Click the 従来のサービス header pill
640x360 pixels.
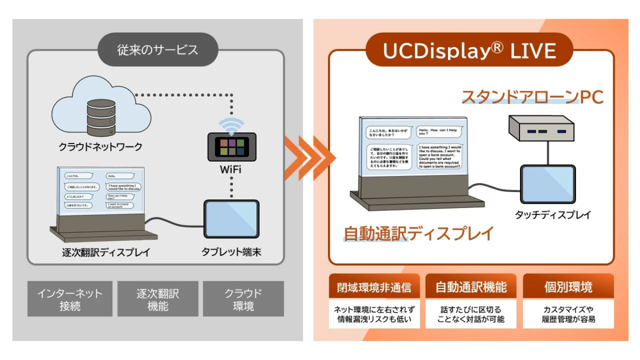(157, 50)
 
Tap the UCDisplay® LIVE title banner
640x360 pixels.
(469, 51)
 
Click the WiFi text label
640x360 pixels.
(230, 170)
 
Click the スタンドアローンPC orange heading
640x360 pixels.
(532, 97)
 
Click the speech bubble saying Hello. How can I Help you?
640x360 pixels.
(438, 132)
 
